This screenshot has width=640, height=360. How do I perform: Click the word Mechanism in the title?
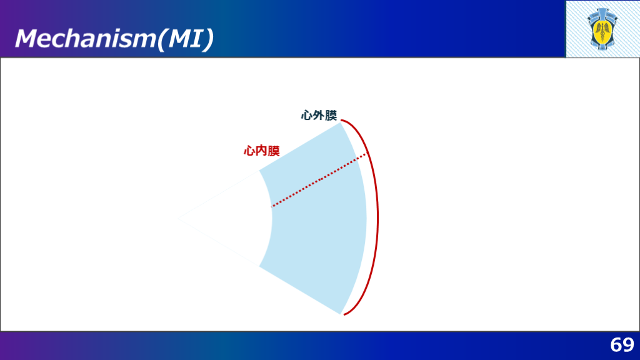(86, 39)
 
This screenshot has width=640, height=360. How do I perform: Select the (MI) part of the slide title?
(186, 39)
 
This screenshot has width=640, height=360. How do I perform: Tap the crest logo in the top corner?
(602, 29)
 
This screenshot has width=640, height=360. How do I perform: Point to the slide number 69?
(622, 345)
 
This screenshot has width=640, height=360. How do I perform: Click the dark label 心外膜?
(319, 116)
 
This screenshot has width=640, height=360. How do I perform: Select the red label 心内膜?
(262, 151)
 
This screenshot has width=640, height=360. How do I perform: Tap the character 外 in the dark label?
(319, 116)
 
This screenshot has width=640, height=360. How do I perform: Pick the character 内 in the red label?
(262, 151)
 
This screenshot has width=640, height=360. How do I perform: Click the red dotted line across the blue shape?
(319, 180)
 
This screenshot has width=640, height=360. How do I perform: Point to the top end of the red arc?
(341, 121)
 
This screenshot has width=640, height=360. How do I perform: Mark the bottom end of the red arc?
(344, 315)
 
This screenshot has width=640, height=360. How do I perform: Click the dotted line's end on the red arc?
(366, 153)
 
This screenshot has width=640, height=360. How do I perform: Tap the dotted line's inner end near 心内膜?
(271, 207)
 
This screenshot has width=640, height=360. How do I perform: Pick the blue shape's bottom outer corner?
(341, 314)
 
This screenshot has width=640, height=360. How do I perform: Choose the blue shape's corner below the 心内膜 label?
(259, 171)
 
